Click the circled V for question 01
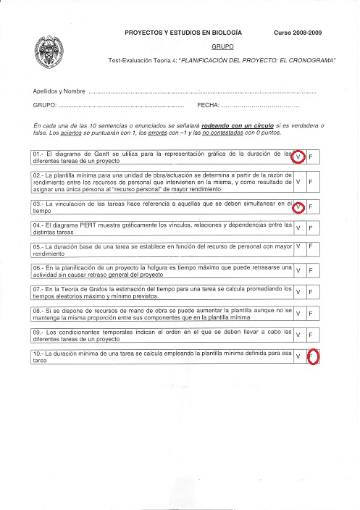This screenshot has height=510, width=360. (298, 157)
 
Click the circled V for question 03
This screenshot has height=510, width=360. (298, 207)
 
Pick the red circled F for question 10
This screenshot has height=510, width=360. (312, 357)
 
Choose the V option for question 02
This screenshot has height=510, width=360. (298, 181)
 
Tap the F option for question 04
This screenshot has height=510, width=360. (311, 228)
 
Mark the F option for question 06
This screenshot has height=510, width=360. (311, 270)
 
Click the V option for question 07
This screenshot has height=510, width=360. (298, 292)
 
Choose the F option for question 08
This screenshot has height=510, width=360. (311, 314)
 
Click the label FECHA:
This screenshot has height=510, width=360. (208, 106)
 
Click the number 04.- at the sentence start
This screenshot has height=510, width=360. (39, 225)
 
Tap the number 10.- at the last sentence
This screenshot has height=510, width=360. (39, 353)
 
